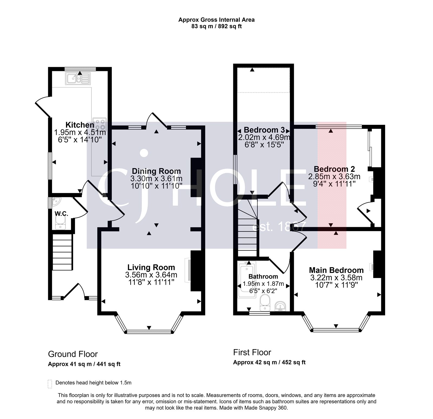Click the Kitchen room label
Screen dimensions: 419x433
click(x=80, y=125)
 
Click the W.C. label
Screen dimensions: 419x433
click(x=61, y=214)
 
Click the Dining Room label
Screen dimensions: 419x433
click(x=156, y=171)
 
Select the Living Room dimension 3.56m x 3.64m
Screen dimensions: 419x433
click(x=151, y=275)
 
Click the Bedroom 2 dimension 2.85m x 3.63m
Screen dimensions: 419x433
click(x=334, y=177)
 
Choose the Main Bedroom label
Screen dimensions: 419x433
click(x=336, y=270)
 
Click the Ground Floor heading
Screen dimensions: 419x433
click(x=73, y=354)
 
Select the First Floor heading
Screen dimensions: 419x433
click(x=252, y=352)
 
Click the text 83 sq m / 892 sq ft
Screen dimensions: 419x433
click(x=216, y=27)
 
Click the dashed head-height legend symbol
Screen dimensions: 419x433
click(x=50, y=384)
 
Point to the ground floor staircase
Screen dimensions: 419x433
click(x=63, y=252)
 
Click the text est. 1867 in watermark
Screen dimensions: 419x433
click(x=279, y=227)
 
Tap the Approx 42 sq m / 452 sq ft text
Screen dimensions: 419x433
click(x=269, y=362)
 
